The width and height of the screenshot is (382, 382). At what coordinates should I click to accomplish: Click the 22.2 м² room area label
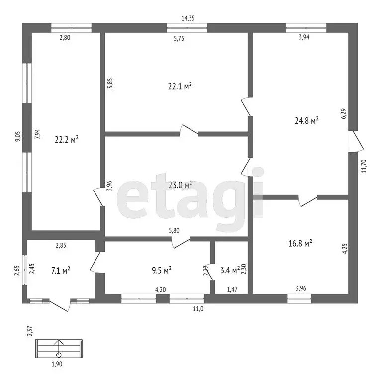pyautogui.click(x=67, y=140)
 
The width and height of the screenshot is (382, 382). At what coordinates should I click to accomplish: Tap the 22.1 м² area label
pyautogui.click(x=180, y=86)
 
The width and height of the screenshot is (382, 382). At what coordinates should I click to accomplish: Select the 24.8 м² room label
pyautogui.click(x=307, y=120)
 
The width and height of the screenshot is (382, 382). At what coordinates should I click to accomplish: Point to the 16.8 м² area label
pyautogui.click(x=300, y=243)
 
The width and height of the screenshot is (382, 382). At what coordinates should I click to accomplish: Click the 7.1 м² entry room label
pyautogui.click(x=61, y=270)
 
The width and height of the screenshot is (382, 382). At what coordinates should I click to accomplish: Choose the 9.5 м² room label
pyautogui.click(x=162, y=270)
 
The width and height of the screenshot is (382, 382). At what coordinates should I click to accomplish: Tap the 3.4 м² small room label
pyautogui.click(x=230, y=270)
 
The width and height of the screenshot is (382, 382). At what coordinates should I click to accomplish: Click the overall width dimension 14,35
pyautogui.click(x=188, y=18)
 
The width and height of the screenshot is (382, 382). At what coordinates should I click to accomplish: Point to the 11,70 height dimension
pyautogui.click(x=364, y=166)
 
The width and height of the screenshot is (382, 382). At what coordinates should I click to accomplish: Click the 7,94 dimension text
pyautogui.click(x=37, y=134)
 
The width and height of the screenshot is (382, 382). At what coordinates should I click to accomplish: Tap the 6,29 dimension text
pyautogui.click(x=344, y=114)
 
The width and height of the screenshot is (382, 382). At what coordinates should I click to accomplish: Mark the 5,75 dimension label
pyautogui.click(x=179, y=38)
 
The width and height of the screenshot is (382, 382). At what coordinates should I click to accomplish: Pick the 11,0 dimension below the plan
pyautogui.click(x=198, y=309)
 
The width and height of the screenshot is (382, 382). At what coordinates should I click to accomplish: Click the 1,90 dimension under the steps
pyautogui.click(x=57, y=364)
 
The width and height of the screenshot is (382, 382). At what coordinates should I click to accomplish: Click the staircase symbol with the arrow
pyautogui.click(x=59, y=348)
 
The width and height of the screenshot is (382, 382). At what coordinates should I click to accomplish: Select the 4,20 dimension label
pyautogui.click(x=160, y=289)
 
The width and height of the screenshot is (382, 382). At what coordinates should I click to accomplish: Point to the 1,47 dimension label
pyautogui.click(x=232, y=289)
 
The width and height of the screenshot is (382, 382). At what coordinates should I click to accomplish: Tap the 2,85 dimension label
pyautogui.click(x=61, y=245)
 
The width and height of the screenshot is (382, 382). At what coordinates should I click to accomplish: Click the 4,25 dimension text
pyautogui.click(x=345, y=249)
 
